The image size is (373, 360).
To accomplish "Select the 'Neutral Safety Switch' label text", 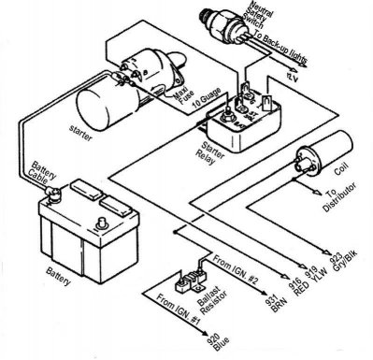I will pyautogui.click(x=255, y=24).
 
